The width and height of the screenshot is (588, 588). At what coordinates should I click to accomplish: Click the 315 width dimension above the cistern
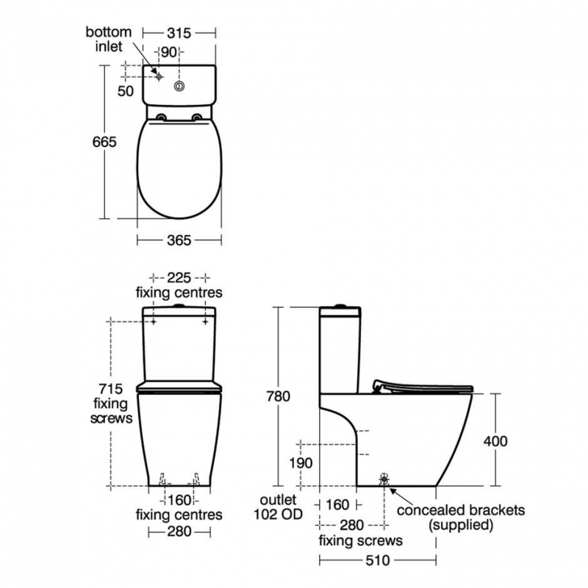(x=179, y=33)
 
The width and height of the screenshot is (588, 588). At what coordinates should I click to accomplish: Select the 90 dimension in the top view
(x=168, y=51)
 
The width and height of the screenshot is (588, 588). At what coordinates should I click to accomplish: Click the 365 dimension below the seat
(x=179, y=240)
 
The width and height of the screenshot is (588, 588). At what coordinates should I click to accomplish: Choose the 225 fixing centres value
(x=179, y=278)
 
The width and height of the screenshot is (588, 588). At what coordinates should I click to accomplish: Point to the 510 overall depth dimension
(x=379, y=560)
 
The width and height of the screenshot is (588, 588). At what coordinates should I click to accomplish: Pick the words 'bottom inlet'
(x=108, y=39)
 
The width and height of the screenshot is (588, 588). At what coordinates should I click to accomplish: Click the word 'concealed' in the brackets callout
(x=427, y=510)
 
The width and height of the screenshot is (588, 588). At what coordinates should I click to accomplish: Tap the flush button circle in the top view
(x=179, y=86)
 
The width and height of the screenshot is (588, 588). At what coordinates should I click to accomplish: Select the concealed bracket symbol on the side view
(x=384, y=479)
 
